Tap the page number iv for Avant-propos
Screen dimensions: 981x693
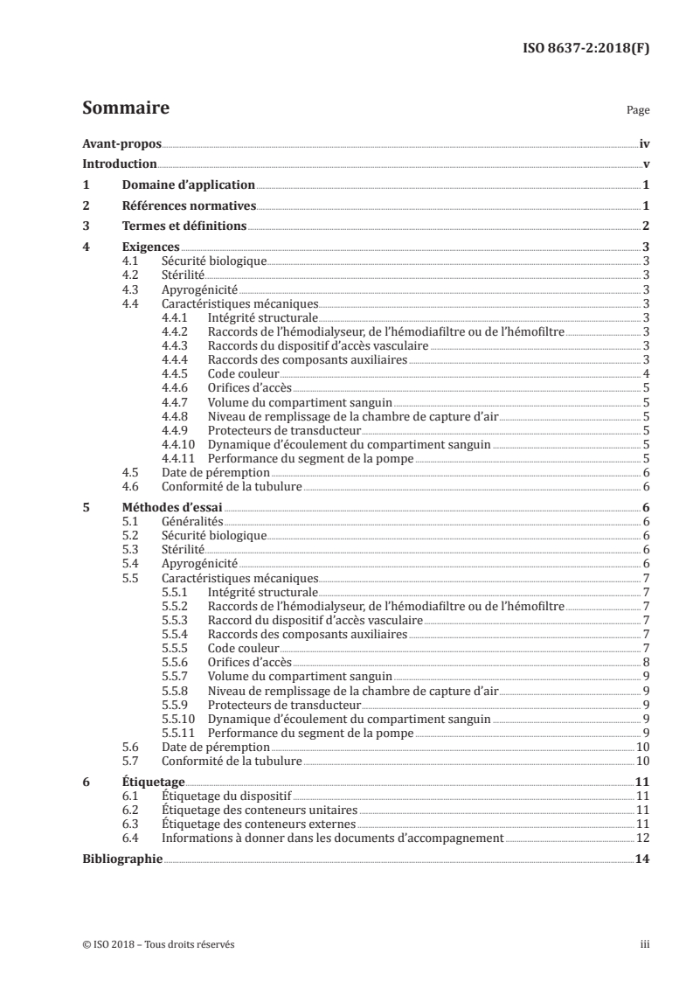point(644,144)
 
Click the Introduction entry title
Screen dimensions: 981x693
point(119,164)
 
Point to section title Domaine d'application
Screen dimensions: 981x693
point(188,185)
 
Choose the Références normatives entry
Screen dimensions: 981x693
point(189,206)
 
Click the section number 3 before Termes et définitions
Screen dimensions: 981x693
point(86,227)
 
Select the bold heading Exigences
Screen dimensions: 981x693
point(150,247)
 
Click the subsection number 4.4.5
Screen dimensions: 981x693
point(176,373)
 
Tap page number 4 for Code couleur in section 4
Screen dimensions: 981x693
point(645,373)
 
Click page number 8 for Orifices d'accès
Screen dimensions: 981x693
point(645,662)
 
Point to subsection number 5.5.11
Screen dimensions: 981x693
point(178,732)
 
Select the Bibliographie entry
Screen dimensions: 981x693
point(122,859)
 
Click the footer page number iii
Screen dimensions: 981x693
point(644,944)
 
